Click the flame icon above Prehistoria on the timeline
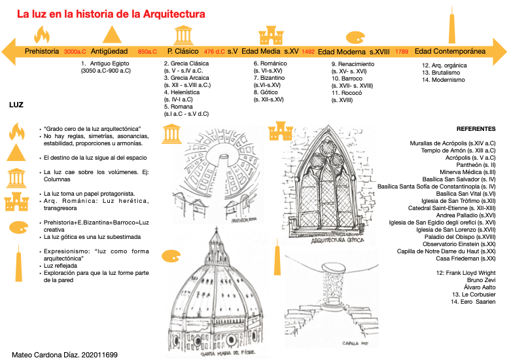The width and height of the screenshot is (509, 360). [43, 34]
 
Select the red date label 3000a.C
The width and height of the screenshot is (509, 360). [75, 51]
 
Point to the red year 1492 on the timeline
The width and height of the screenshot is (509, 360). [309, 51]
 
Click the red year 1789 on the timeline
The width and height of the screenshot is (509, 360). [402, 51]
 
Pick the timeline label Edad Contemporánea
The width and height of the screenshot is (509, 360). [450, 50]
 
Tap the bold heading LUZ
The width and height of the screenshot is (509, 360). [17, 104]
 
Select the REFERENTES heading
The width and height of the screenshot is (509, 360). [476, 130]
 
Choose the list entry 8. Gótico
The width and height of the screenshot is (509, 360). [264, 92]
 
